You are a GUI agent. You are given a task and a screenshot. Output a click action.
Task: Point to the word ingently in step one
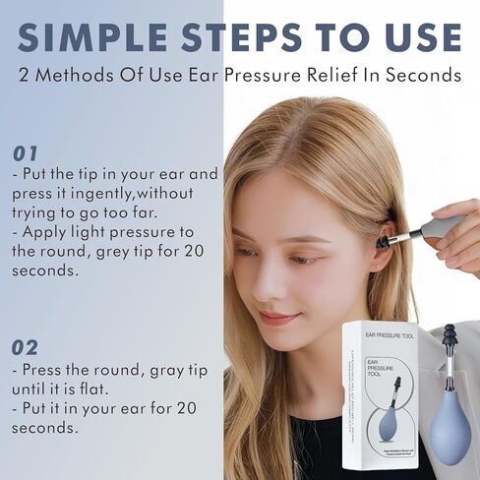coord(105,194)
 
